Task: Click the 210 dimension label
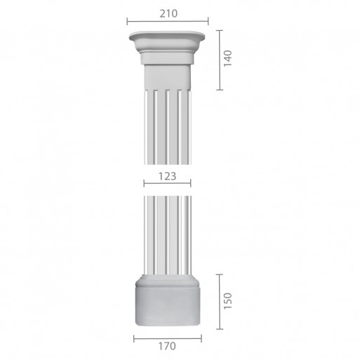coord(168,13)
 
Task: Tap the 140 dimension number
coord(227,58)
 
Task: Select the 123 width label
coord(167,176)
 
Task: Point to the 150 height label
coord(227,301)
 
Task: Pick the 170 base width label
coord(167,346)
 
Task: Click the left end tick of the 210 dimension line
coord(127,21)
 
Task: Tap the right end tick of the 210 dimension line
coord(208,21)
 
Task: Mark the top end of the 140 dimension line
coord(220,31)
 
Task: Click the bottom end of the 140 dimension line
coord(220,90)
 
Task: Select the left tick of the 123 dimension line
coord(144,183)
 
